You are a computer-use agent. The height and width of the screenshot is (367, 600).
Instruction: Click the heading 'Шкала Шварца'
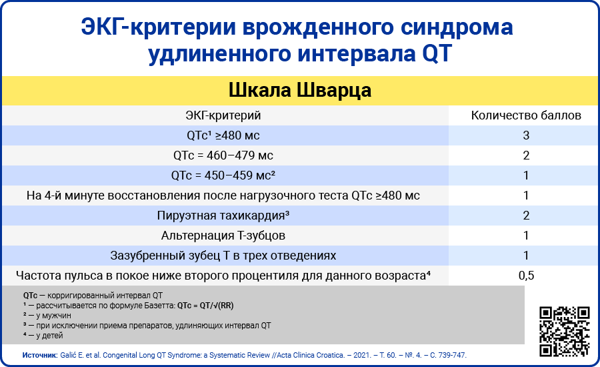(x=299, y=90)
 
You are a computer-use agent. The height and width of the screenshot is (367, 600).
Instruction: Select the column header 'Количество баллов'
(x=526, y=115)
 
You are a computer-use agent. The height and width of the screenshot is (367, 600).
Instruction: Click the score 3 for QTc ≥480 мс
(x=526, y=135)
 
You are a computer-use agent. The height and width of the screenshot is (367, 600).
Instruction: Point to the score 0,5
(x=526, y=275)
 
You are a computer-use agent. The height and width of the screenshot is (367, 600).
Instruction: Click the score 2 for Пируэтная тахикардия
(x=526, y=216)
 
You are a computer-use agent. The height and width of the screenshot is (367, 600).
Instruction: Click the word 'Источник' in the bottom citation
(x=40, y=355)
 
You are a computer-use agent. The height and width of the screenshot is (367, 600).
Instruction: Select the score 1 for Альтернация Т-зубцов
(x=526, y=236)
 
